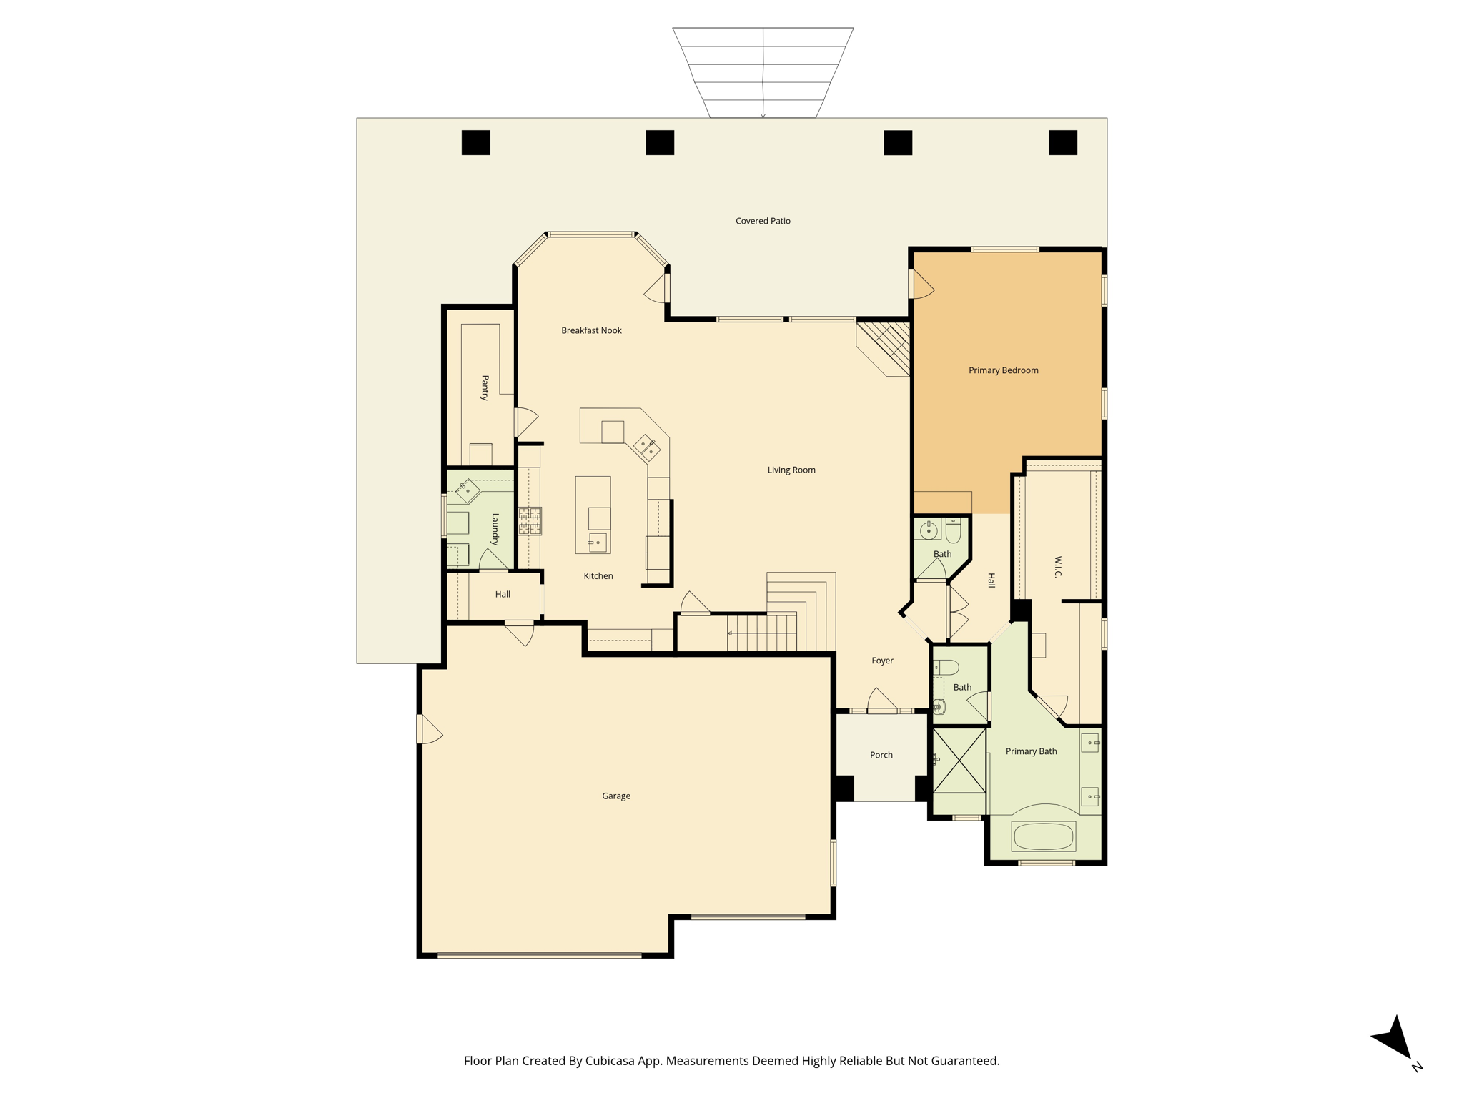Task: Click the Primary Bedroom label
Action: [x=1003, y=370]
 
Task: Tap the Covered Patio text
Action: [x=763, y=221]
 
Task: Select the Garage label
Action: [x=615, y=796]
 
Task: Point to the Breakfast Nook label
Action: [x=591, y=330]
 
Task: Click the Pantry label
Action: [x=485, y=387]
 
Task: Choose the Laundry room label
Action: [x=495, y=529]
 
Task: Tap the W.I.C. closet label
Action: [x=1058, y=567]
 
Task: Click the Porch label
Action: [x=881, y=755]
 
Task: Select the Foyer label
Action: [x=882, y=661]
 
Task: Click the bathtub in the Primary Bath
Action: [x=1043, y=836]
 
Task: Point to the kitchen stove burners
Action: [x=530, y=521]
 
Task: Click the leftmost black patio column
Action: [x=475, y=142]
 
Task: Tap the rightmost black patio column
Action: [x=1062, y=142]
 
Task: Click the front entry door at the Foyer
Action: [x=882, y=709]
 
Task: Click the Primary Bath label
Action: [x=1031, y=751]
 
